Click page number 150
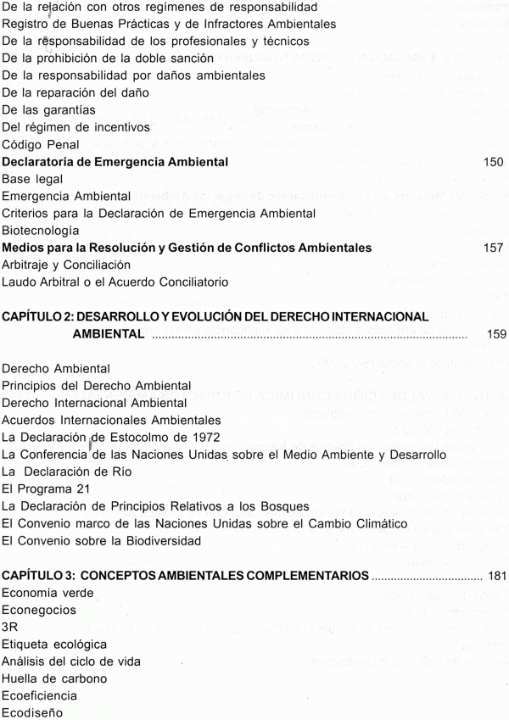point(493,161)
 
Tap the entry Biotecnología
point(42,230)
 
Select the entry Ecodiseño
point(32,714)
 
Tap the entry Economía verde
point(47,593)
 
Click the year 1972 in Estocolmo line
point(203,437)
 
